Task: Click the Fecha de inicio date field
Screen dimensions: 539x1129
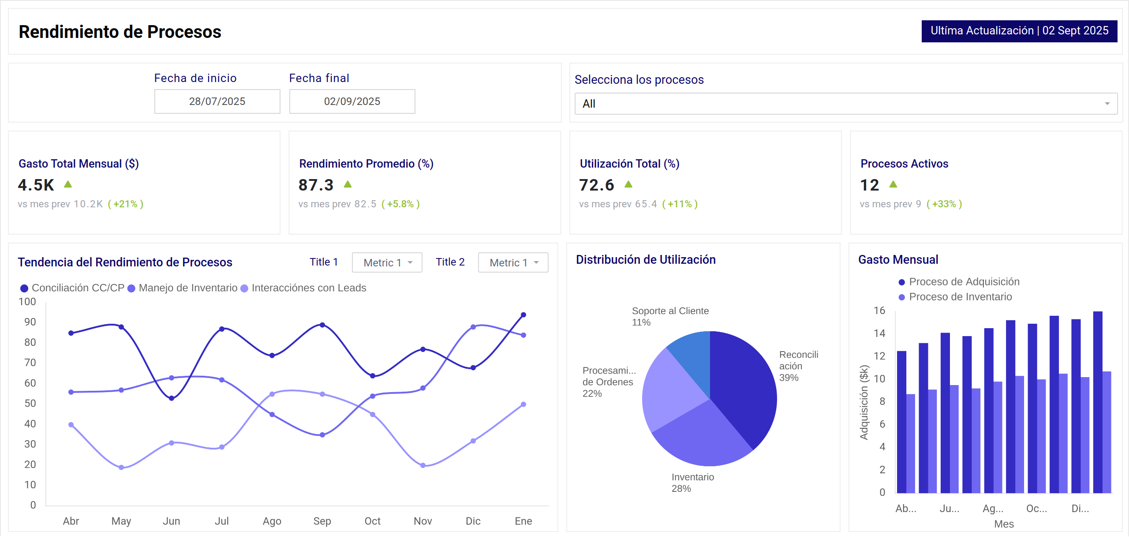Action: coord(217,101)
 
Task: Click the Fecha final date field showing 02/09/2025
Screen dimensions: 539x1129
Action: coord(352,101)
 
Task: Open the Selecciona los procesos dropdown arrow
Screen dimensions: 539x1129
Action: coord(1107,104)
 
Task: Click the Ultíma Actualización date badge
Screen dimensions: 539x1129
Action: coord(1019,31)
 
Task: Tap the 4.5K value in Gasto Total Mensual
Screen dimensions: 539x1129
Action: coord(36,185)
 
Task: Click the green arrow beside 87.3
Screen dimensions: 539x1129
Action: coord(348,184)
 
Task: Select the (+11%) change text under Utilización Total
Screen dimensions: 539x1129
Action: coord(680,204)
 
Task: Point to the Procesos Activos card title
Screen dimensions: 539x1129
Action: coord(904,164)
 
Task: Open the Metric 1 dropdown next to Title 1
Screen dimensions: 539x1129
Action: coord(387,262)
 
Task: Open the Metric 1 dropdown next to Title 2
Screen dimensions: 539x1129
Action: coord(513,262)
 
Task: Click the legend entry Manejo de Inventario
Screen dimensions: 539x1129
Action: coord(187,288)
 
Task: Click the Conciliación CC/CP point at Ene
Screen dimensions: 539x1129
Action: coord(523,315)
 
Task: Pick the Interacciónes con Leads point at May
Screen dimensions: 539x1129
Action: coord(121,468)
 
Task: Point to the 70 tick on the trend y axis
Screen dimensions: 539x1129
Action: coord(30,363)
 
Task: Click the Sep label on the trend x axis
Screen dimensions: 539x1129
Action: coord(322,521)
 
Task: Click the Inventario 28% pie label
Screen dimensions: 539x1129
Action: coord(692,483)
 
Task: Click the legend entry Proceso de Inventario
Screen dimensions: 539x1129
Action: coord(960,297)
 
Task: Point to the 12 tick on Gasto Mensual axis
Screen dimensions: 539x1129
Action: coord(879,356)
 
